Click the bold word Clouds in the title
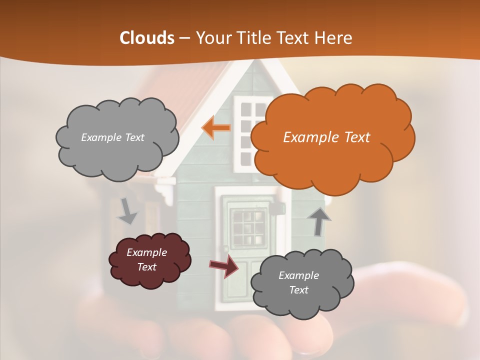pyautogui.click(x=146, y=38)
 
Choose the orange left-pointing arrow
pyautogui.click(x=216, y=127)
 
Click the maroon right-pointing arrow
pyautogui.click(x=224, y=266)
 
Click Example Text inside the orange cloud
pyautogui.click(x=326, y=137)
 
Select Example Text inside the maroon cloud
pyautogui.click(x=146, y=259)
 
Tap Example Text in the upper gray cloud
pyautogui.click(x=112, y=137)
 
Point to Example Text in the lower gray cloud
pyautogui.click(x=298, y=282)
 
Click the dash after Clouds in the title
pyautogui.click(x=183, y=38)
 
